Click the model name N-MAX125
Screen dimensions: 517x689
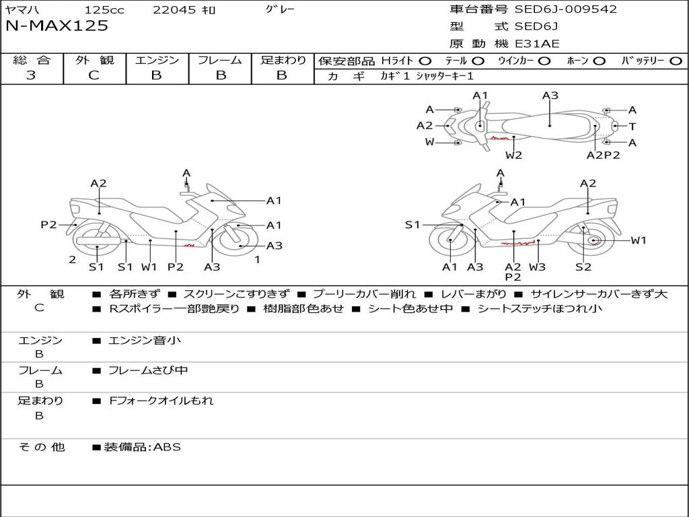[57, 26]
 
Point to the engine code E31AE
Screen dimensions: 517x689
[537, 44]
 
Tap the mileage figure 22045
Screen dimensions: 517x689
[174, 10]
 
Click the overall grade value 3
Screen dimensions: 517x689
[31, 75]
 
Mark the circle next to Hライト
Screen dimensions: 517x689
[425, 61]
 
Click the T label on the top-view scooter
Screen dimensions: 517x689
[632, 127]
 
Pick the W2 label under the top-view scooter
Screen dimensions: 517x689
[514, 155]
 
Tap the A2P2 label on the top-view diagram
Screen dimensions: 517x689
[603, 155]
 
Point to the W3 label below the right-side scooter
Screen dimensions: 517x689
[537, 267]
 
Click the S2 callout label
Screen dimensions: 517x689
[583, 267]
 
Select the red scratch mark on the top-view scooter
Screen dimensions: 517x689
[500, 138]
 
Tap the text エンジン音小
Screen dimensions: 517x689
[145, 341]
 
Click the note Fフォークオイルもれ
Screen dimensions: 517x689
[161, 401]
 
